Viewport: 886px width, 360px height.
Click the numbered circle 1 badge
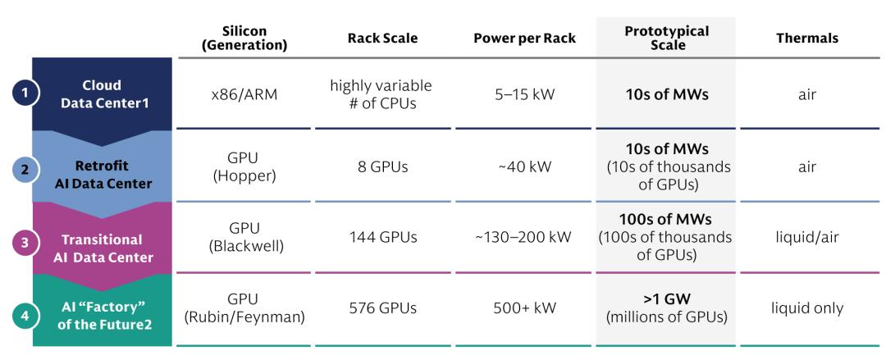[25, 93]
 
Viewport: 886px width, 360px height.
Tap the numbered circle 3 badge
[25, 244]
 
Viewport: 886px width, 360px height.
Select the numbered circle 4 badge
[25, 317]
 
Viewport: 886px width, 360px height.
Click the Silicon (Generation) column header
[244, 38]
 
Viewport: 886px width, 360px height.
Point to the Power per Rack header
[524, 39]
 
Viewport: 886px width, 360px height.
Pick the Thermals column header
[807, 39]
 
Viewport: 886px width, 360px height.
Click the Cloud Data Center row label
[103, 93]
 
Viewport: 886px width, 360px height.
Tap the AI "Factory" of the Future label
[103, 317]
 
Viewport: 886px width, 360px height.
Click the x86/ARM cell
[244, 94]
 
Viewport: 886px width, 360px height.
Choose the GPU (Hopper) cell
[244, 167]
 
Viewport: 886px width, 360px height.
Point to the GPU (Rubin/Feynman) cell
[244, 308]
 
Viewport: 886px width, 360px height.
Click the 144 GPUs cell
[382, 237]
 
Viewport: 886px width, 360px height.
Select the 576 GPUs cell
[382, 308]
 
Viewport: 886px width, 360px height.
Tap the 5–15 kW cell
[523, 94]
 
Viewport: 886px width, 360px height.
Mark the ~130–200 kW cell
[523, 237]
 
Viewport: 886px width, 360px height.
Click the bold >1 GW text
[665, 299]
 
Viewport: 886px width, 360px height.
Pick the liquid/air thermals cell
[807, 237]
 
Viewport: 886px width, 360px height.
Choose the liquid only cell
[807, 308]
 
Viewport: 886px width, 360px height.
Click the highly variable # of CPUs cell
[381, 94]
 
